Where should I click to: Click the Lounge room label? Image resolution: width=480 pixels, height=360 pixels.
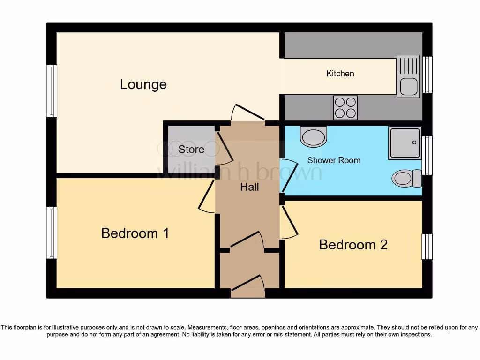[x=143, y=84]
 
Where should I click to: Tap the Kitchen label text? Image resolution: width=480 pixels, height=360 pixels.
[x=340, y=74]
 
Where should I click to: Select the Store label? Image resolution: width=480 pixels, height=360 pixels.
[x=191, y=150]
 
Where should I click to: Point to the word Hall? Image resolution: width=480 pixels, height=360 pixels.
[x=249, y=187]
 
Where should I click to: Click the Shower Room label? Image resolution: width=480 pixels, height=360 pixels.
[x=334, y=160]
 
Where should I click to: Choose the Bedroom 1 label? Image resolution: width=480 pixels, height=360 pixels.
[x=135, y=233]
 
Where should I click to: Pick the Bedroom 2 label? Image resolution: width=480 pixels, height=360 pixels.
[x=353, y=245]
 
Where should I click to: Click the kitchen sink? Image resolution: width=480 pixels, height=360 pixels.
[x=408, y=76]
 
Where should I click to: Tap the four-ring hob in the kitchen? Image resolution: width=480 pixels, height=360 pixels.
[x=345, y=107]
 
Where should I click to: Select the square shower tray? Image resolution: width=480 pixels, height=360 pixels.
[x=405, y=143]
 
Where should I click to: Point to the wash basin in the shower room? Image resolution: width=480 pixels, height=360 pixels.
[x=314, y=137]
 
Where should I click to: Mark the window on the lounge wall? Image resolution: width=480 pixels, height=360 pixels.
[x=52, y=91]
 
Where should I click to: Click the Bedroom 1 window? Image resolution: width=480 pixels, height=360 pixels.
[x=52, y=232]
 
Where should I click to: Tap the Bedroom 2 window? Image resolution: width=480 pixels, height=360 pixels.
[x=427, y=247]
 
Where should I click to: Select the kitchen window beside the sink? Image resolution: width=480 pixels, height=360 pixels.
[x=427, y=75]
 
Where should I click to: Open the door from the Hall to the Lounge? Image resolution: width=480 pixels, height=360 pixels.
[x=247, y=113]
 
